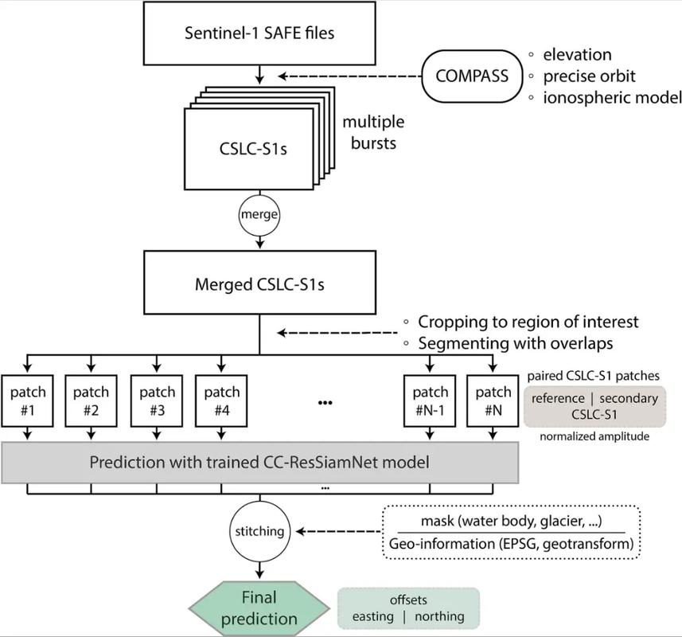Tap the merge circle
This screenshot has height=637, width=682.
260,215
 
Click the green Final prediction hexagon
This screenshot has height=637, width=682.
259,608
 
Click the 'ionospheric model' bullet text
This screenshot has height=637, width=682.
612,97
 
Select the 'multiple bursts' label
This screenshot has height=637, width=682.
373,132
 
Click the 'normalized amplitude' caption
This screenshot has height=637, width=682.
594,437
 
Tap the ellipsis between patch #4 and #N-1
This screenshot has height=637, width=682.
325,403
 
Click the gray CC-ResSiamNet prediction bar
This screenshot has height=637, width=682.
261,462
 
